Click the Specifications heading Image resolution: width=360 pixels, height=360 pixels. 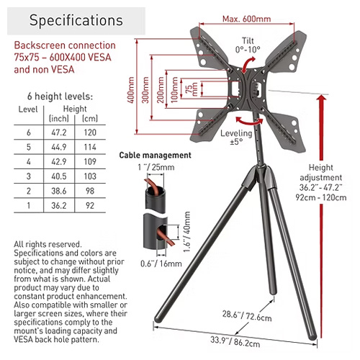[76, 20]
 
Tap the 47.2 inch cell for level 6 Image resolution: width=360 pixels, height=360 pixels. [59, 132]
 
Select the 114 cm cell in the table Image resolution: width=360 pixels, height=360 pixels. [90, 147]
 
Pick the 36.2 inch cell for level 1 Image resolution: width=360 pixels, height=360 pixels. [59, 206]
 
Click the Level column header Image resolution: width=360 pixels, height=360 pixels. [28, 109]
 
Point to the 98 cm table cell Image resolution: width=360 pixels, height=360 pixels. [90, 191]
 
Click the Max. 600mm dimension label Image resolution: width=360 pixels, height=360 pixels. [246, 19]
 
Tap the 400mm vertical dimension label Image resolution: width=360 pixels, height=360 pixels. [131, 90]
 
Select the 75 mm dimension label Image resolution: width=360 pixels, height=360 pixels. [192, 89]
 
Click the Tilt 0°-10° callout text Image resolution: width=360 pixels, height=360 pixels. [248, 45]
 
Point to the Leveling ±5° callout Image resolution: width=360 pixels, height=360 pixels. [236, 138]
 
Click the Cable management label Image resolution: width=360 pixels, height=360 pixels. [156, 156]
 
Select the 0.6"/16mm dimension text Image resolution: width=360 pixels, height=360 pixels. [161, 264]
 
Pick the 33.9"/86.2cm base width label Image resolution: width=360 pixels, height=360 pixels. [235, 342]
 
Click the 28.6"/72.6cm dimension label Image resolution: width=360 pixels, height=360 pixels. [247, 315]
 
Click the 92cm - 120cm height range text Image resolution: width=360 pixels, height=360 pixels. [321, 197]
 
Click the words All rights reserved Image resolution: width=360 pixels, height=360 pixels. [48, 244]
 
